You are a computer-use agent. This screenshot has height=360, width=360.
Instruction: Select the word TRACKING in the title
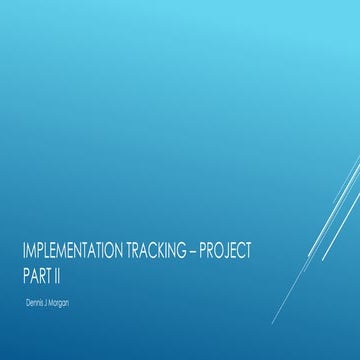coord(179,253)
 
